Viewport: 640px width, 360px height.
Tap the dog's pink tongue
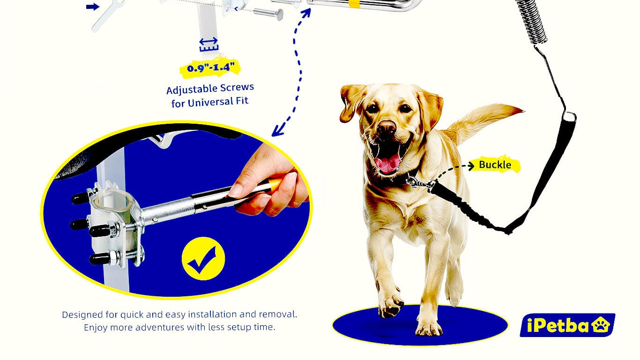pos(388,164)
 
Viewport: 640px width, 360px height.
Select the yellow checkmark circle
pos(203,258)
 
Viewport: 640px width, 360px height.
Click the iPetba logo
pos(567,325)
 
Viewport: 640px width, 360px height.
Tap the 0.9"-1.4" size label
pos(210,68)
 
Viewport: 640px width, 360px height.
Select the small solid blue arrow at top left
pos(93,7)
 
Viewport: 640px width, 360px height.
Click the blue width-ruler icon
pos(208,45)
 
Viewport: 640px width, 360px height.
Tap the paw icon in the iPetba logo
pos(601,324)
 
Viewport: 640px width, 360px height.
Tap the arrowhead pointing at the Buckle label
pos(471,165)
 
